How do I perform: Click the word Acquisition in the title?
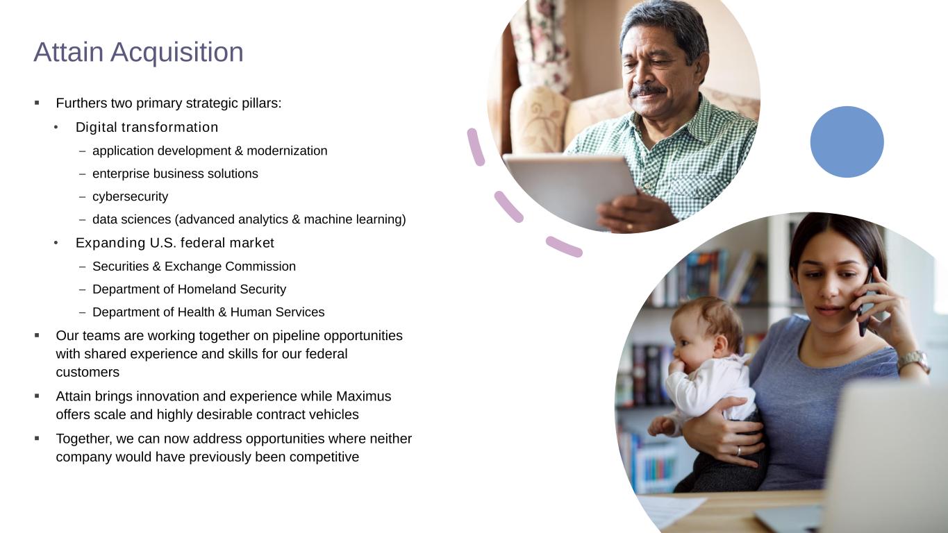point(177,53)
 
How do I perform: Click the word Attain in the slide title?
point(69,52)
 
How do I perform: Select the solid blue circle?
point(847,142)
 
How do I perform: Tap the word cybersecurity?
point(130,196)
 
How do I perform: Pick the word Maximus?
point(363,396)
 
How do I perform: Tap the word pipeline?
point(296,336)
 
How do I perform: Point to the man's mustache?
point(647,91)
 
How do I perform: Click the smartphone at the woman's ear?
point(865,304)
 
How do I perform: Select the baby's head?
point(706,329)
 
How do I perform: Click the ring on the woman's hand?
point(739,451)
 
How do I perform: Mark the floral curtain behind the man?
point(542,46)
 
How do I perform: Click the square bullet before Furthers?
point(37,103)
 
